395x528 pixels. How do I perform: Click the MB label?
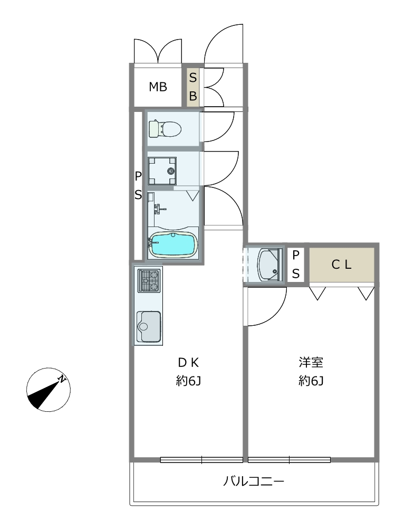158,87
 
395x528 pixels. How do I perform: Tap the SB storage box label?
193,88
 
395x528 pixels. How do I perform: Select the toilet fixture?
165,128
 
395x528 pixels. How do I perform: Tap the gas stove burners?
148,280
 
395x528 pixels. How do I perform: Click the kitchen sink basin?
149,326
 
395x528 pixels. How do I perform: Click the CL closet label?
341,266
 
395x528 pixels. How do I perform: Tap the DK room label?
188,362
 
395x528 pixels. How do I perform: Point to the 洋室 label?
311,362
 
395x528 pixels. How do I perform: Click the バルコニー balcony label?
254,482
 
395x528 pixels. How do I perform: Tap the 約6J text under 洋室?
311,381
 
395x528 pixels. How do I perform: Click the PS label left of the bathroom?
138,185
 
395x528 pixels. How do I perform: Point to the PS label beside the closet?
296,264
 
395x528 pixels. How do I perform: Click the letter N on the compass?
62,379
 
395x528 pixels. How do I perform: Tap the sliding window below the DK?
201,460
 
